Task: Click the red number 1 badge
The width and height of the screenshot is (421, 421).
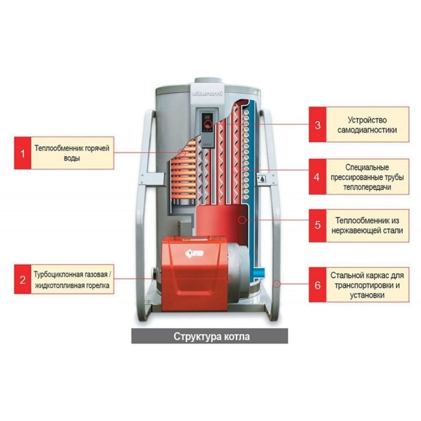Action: (23, 153)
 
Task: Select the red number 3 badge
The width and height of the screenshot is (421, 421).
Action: (317, 125)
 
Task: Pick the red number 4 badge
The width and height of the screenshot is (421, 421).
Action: (317, 176)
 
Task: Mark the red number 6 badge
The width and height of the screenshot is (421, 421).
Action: (317, 285)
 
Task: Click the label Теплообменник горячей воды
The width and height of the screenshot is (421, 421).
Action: (72, 153)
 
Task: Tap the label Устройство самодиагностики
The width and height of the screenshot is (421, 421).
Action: (367, 125)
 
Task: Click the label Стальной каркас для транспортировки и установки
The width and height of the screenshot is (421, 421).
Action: (367, 285)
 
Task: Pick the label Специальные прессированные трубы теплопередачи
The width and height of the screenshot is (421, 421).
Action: (367, 176)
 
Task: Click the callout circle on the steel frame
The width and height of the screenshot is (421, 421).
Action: (276, 283)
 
